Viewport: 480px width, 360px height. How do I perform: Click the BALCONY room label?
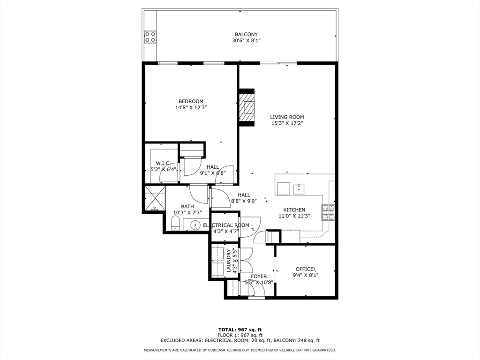click(x=246, y=35)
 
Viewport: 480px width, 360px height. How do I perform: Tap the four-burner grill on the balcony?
click(x=150, y=37)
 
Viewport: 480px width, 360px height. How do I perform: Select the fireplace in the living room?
click(x=247, y=107)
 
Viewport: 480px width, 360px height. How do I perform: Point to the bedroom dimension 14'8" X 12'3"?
click(x=191, y=107)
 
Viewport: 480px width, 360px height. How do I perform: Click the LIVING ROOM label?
click(x=287, y=117)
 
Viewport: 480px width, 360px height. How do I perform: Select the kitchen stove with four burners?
click(x=328, y=213)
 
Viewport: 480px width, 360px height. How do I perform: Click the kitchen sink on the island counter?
click(x=299, y=188)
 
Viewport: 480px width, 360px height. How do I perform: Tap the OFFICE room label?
click(x=305, y=269)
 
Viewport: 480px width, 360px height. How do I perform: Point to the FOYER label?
click(x=259, y=277)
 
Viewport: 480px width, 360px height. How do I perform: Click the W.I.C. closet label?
click(x=163, y=164)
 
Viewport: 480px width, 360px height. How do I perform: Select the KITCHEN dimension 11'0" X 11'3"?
click(x=294, y=216)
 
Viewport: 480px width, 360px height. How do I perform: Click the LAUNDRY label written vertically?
click(x=229, y=261)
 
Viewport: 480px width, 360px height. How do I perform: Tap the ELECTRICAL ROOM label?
click(x=226, y=225)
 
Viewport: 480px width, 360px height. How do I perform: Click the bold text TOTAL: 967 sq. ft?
click(x=240, y=330)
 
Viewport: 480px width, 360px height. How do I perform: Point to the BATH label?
click(x=187, y=206)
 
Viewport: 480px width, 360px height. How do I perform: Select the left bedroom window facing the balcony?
click(x=167, y=63)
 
